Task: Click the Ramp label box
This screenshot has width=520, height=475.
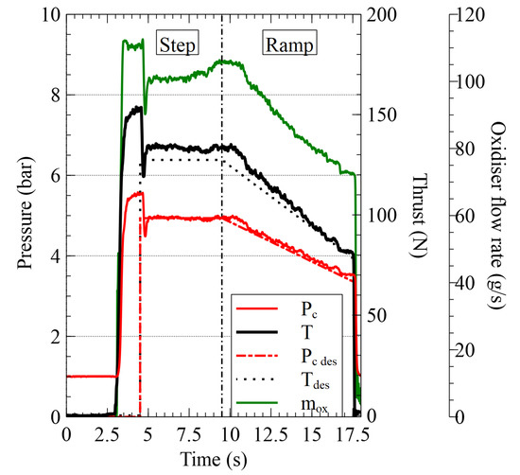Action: click(289, 44)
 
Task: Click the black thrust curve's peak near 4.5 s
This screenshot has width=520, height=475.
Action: click(139, 109)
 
